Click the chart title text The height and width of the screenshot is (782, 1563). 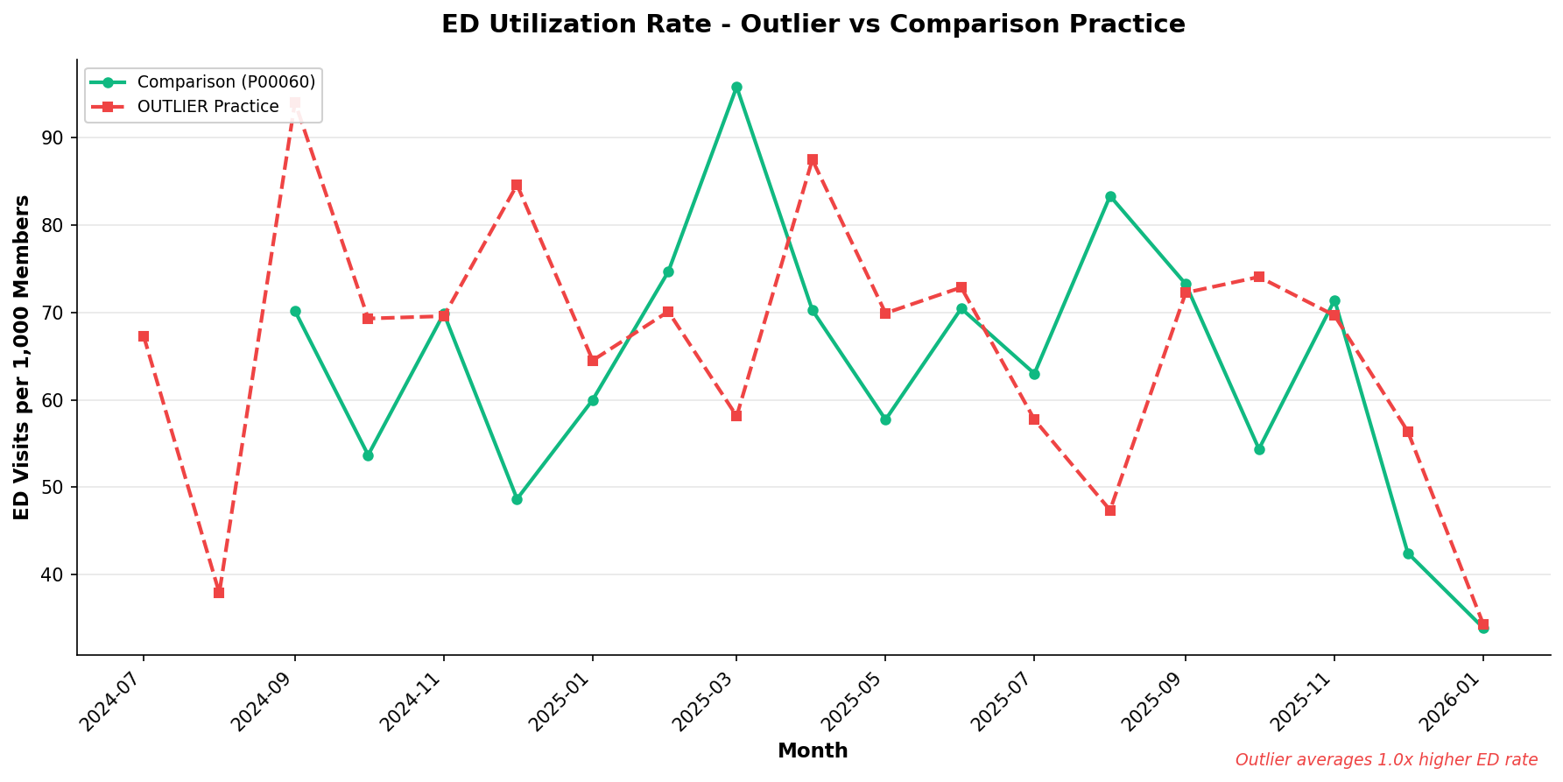click(813, 25)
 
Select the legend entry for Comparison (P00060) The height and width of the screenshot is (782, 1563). click(225, 82)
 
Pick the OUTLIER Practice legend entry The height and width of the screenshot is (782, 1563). click(208, 107)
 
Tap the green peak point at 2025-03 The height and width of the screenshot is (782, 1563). click(736, 88)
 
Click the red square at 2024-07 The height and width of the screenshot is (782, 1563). click(144, 336)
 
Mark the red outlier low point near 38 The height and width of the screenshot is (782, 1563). click(219, 593)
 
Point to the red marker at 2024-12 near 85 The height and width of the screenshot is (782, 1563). click(517, 186)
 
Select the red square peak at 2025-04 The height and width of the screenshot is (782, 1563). click(813, 160)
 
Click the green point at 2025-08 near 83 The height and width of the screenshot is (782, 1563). click(1110, 197)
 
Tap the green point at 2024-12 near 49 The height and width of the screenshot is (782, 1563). click(517, 499)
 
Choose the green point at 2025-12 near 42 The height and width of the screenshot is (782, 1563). click(1408, 554)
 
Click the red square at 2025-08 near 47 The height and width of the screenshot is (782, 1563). click(1110, 511)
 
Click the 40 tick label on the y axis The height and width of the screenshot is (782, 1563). click(53, 575)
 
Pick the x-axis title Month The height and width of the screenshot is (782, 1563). click(813, 751)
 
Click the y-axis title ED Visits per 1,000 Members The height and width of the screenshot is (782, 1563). click(23, 357)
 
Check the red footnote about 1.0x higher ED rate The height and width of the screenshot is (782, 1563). click(1386, 760)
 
